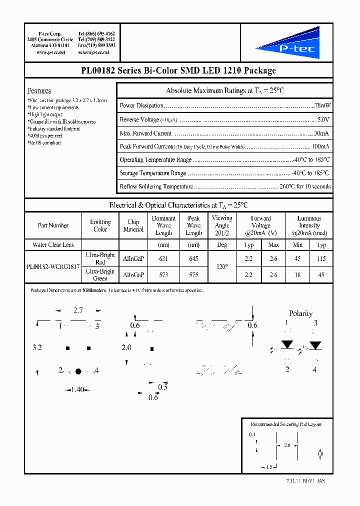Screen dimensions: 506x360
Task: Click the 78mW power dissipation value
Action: coord(322,106)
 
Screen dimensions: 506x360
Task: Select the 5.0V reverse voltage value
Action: coord(323,120)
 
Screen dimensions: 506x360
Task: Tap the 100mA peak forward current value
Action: coord(320,146)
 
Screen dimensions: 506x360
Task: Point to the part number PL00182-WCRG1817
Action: coord(52,267)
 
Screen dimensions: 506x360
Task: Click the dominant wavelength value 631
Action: coord(163,259)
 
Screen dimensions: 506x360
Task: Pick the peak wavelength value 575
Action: coord(193,275)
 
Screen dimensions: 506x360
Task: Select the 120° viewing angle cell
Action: coord(222,267)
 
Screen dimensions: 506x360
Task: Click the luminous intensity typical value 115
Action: coord(321,259)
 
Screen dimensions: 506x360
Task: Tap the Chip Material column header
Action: coord(133,225)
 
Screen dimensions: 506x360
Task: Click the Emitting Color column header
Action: coord(100,225)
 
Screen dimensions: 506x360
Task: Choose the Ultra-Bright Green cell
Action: coord(100,275)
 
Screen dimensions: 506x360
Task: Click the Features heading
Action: coord(39,91)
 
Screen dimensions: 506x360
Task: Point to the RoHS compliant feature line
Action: coord(45,143)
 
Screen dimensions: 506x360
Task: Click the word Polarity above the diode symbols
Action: coord(300,313)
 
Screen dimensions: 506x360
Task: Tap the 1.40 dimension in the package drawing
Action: coord(76,389)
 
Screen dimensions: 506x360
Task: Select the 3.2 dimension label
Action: coord(37,347)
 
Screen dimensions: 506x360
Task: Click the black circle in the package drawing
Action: coord(78,371)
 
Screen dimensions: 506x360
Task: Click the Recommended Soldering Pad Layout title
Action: coord(286,424)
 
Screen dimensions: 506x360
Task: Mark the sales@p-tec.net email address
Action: coord(96,52)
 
